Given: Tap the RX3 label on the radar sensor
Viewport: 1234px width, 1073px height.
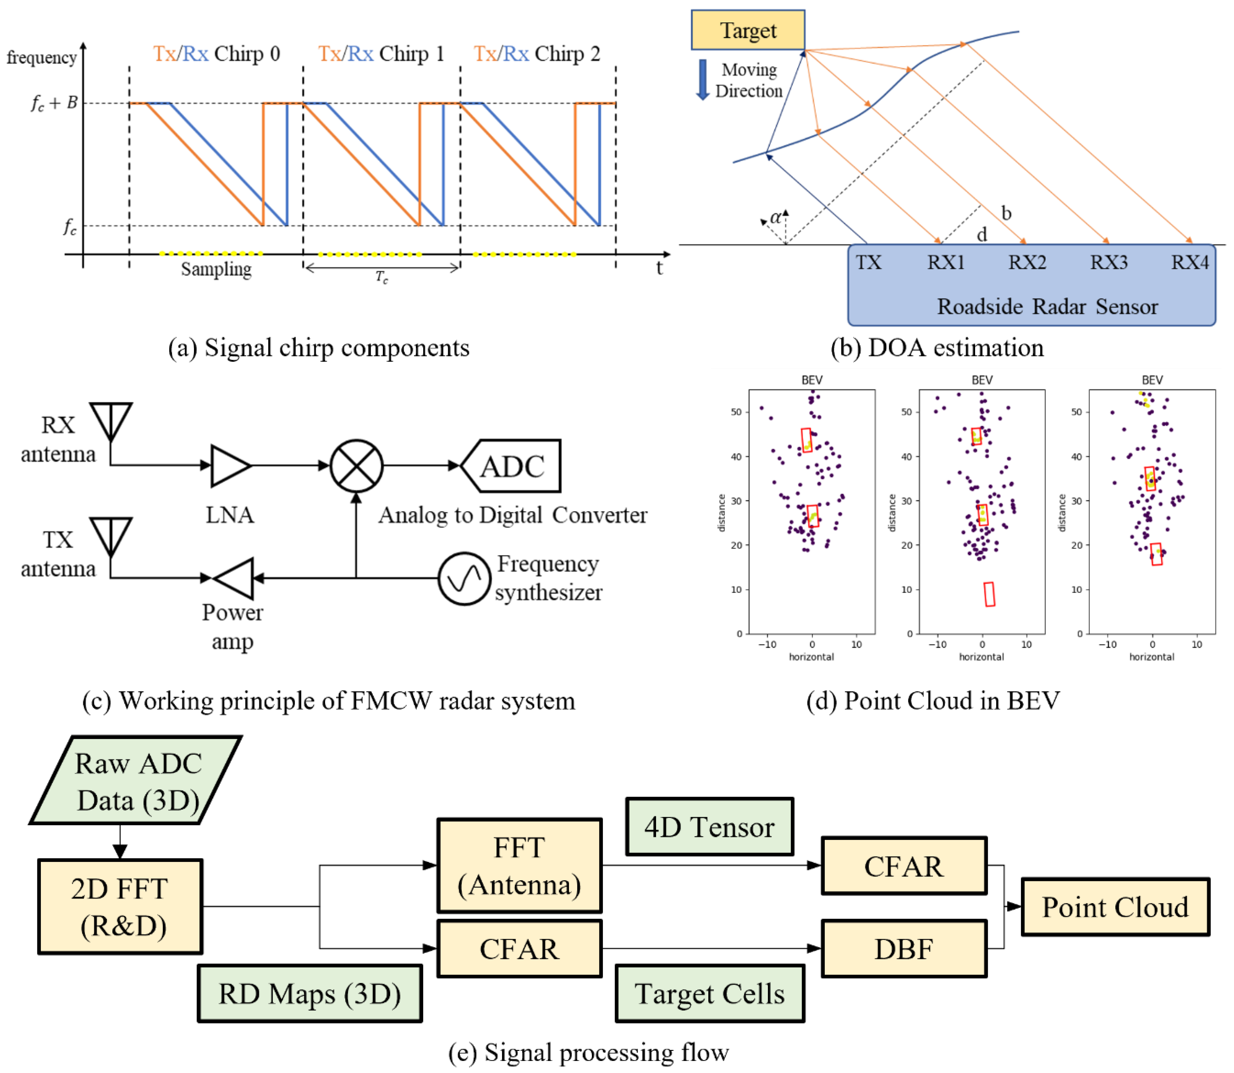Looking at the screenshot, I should coord(1108,262).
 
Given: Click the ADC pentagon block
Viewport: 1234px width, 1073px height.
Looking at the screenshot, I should coord(512,466).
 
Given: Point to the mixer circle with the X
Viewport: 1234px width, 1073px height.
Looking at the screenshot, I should coord(357,466).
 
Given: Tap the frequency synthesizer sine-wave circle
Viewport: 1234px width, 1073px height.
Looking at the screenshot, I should coord(464,578).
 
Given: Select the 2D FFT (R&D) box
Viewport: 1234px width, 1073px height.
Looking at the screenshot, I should coord(120,907).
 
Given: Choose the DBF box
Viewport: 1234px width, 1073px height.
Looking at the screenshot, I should coord(904,949).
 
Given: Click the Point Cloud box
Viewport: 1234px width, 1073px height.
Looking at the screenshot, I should coord(1115,907).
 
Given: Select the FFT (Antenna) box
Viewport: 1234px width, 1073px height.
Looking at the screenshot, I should coord(519,865).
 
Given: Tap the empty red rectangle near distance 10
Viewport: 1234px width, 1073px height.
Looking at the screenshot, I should coord(989,594).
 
